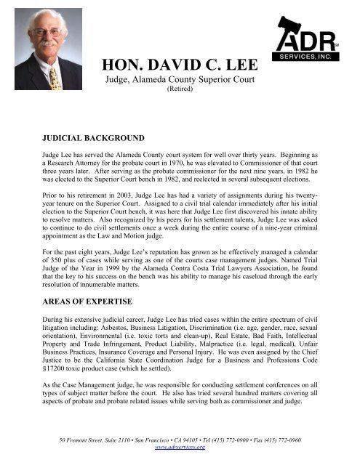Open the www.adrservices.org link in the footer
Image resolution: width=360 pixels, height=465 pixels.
point(180,448)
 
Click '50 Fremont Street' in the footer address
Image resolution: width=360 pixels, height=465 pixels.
point(68,440)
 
